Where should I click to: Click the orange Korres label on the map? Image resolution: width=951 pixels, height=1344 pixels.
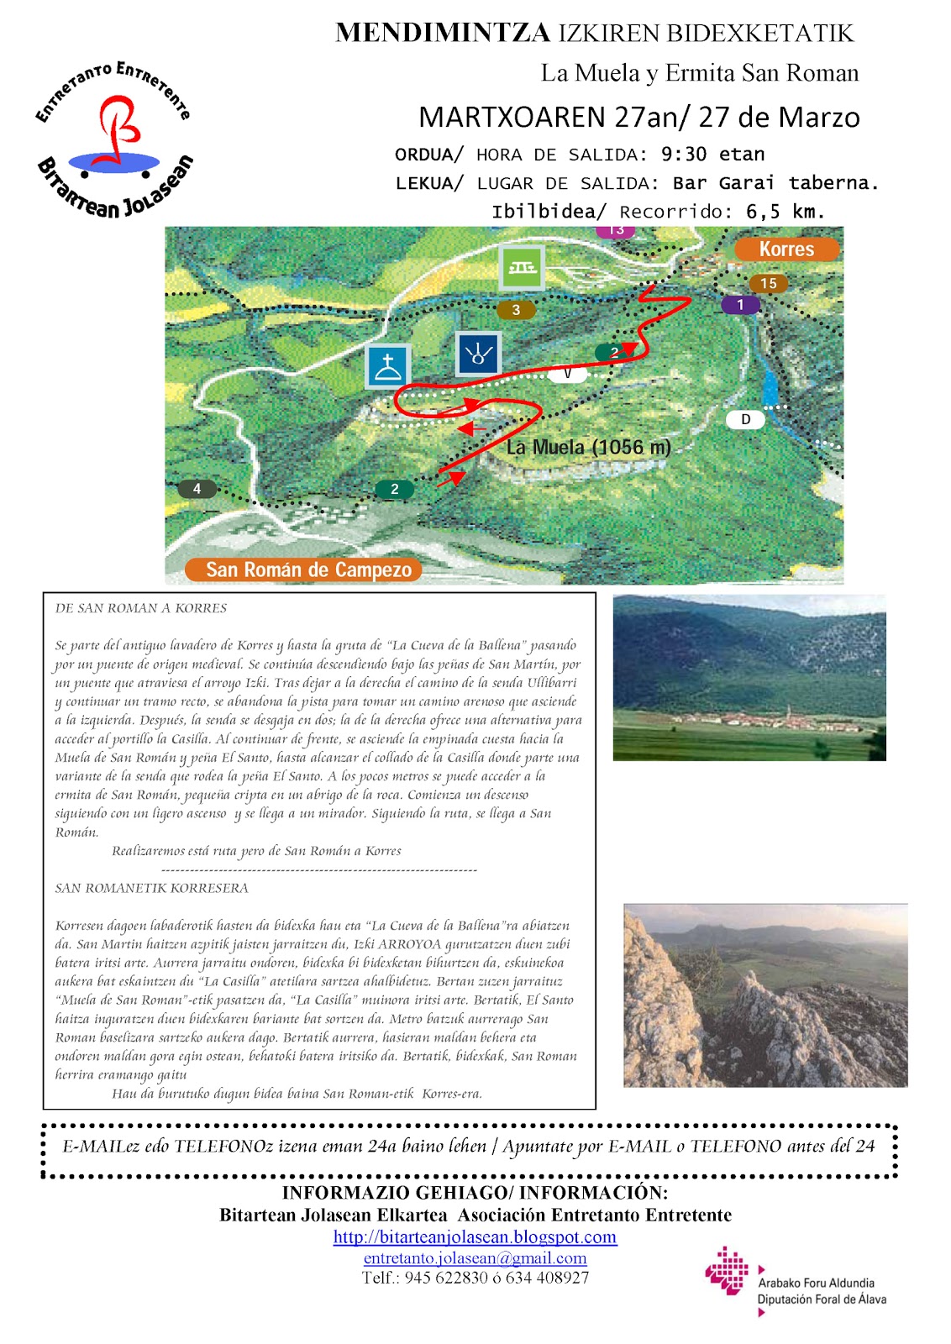tap(786, 249)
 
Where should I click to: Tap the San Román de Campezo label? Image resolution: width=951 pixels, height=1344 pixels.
tap(308, 570)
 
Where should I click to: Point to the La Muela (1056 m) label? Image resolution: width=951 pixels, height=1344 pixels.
tap(588, 447)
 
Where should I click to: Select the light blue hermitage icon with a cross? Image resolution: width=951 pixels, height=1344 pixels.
tap(387, 367)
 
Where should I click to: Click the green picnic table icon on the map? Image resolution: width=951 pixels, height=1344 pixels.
tap(521, 267)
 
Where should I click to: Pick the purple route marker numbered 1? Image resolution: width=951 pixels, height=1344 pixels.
tap(740, 305)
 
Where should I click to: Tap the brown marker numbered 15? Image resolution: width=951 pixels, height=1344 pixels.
tap(769, 284)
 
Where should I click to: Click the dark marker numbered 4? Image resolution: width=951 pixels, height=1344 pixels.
tap(197, 489)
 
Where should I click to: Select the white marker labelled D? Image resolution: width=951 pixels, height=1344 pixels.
tap(745, 419)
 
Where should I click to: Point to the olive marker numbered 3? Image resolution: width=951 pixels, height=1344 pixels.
tap(516, 310)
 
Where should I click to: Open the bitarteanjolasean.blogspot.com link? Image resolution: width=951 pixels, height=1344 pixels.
tap(475, 1236)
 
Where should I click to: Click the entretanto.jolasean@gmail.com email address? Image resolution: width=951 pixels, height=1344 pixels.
tap(475, 1257)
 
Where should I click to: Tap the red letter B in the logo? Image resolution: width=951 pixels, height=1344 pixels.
tap(118, 129)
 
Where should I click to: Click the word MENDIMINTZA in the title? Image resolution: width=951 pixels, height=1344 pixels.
tap(443, 34)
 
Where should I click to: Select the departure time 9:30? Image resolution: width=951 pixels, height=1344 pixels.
tap(684, 155)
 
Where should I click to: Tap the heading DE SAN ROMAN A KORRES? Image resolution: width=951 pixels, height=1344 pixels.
tap(141, 608)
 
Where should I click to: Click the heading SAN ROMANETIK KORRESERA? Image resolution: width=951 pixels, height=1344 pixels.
tap(151, 888)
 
